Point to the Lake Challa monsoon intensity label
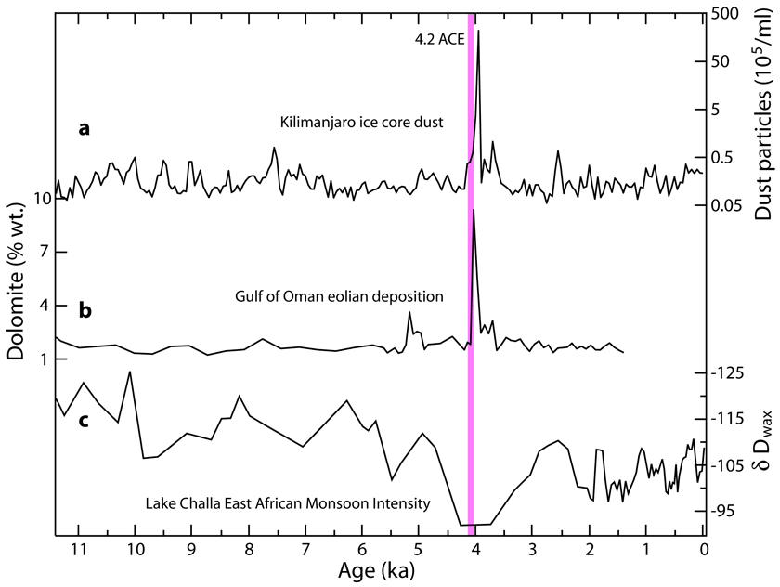click(288, 504)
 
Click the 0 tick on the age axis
click(704, 547)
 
